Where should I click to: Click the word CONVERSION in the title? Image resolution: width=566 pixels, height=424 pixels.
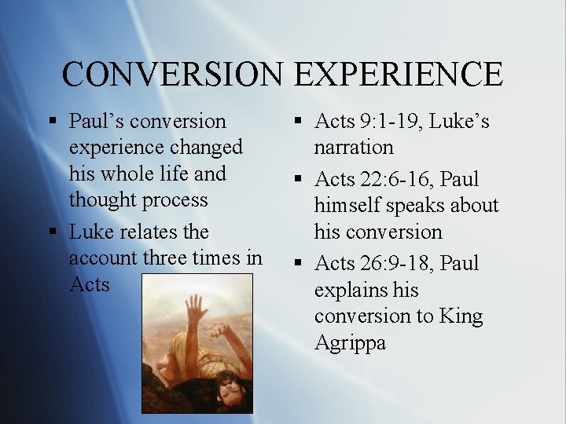174,74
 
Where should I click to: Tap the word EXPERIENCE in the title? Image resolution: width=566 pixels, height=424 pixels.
399,74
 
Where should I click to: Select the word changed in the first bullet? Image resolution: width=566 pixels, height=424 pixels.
207,148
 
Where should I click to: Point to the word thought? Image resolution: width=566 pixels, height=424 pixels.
104,199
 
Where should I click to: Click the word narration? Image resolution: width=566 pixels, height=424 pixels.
354,147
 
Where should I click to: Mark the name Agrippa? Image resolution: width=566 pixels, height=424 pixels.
350,342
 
